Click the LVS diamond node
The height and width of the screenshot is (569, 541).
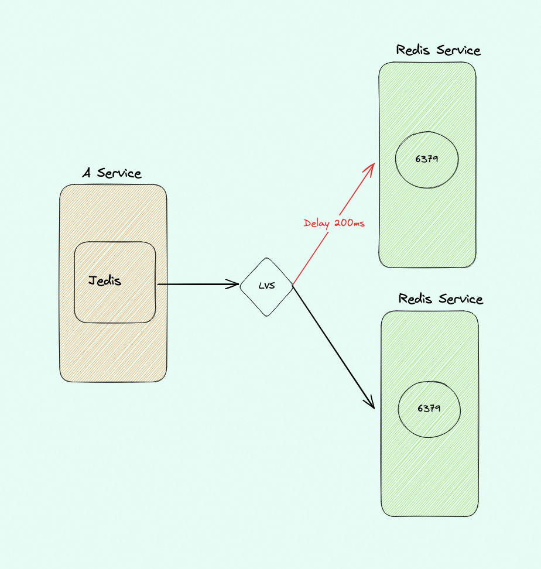click(266, 287)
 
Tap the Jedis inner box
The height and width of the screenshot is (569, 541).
click(115, 304)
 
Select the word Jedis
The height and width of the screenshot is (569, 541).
click(105, 280)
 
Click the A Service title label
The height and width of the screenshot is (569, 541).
click(112, 173)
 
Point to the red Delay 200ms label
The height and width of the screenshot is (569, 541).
click(334, 223)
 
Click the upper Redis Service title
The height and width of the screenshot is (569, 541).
click(438, 50)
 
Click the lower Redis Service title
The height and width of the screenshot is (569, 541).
click(440, 299)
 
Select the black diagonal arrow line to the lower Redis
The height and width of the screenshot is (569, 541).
click(333, 345)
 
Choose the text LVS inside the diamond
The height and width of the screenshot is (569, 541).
click(266, 286)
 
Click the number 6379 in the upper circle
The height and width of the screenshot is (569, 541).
click(426, 159)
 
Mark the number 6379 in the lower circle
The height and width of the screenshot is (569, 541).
click(429, 408)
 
